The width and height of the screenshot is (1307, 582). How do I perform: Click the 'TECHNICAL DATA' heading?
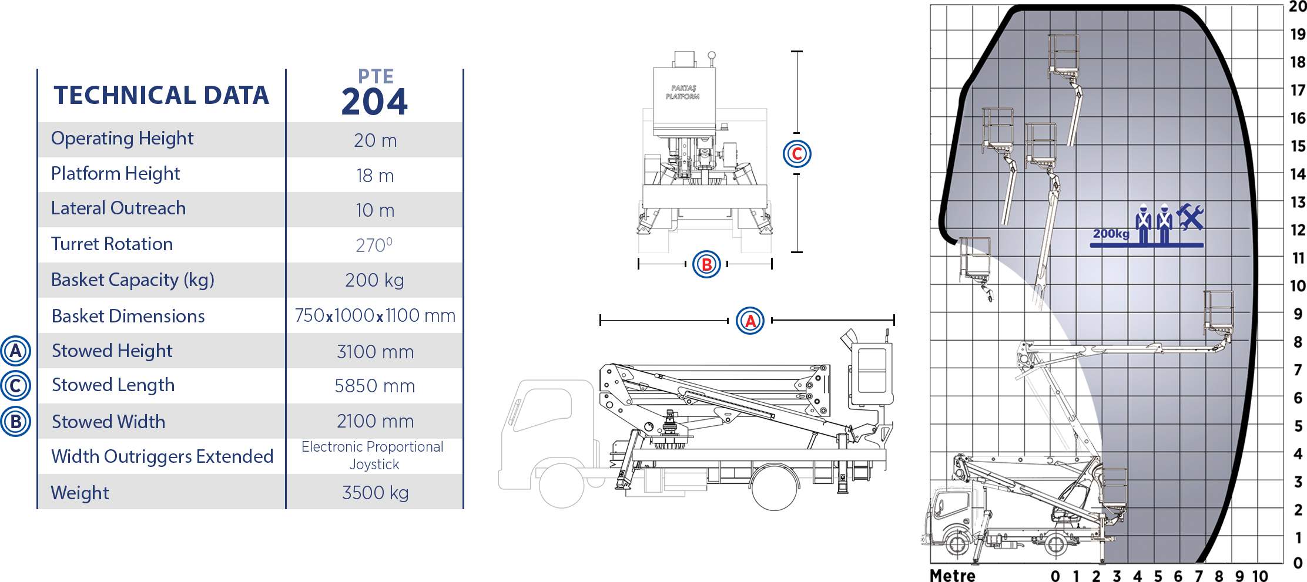point(162,96)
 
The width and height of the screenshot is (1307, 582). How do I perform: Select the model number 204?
point(374,102)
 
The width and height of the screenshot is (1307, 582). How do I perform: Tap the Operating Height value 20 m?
point(375,140)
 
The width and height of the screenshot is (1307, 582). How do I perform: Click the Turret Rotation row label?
point(112,244)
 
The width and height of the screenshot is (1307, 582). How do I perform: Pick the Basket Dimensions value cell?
point(375,315)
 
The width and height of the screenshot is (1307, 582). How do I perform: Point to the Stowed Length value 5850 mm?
point(375,386)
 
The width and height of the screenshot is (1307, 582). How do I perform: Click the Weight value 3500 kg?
point(375,493)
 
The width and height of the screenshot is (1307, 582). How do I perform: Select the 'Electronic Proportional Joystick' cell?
point(373,456)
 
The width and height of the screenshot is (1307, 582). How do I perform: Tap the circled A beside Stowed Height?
point(16,351)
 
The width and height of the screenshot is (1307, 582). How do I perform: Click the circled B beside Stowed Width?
point(16,422)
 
